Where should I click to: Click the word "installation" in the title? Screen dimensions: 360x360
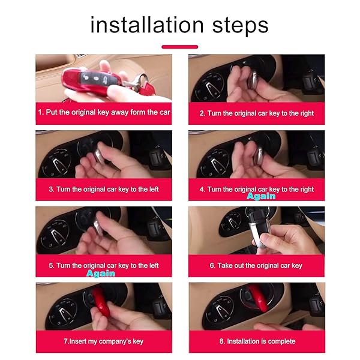(x=147, y=25)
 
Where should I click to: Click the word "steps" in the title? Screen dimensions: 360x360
(x=241, y=26)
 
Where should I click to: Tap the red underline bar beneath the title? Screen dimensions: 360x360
(x=180, y=47)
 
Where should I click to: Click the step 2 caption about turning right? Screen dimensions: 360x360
(x=256, y=113)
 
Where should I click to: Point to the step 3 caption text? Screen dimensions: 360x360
(x=104, y=190)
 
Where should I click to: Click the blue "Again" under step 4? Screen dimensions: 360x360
(x=261, y=196)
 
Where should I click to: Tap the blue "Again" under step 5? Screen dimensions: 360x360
(x=101, y=274)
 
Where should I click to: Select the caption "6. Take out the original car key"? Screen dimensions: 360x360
(x=256, y=266)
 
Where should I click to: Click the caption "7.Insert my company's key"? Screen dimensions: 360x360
(x=104, y=341)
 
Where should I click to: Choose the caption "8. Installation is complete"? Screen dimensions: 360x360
(x=257, y=341)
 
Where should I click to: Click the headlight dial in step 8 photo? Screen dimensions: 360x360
(x=220, y=310)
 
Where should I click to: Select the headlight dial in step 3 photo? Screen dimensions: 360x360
(x=56, y=163)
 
